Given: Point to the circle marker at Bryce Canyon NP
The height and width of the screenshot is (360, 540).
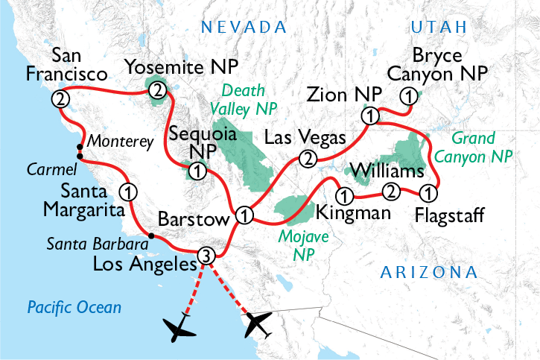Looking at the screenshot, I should (407, 95).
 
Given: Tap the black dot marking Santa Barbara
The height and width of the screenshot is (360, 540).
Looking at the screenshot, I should (150, 236).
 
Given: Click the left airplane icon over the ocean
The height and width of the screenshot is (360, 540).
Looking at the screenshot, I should (180, 328).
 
